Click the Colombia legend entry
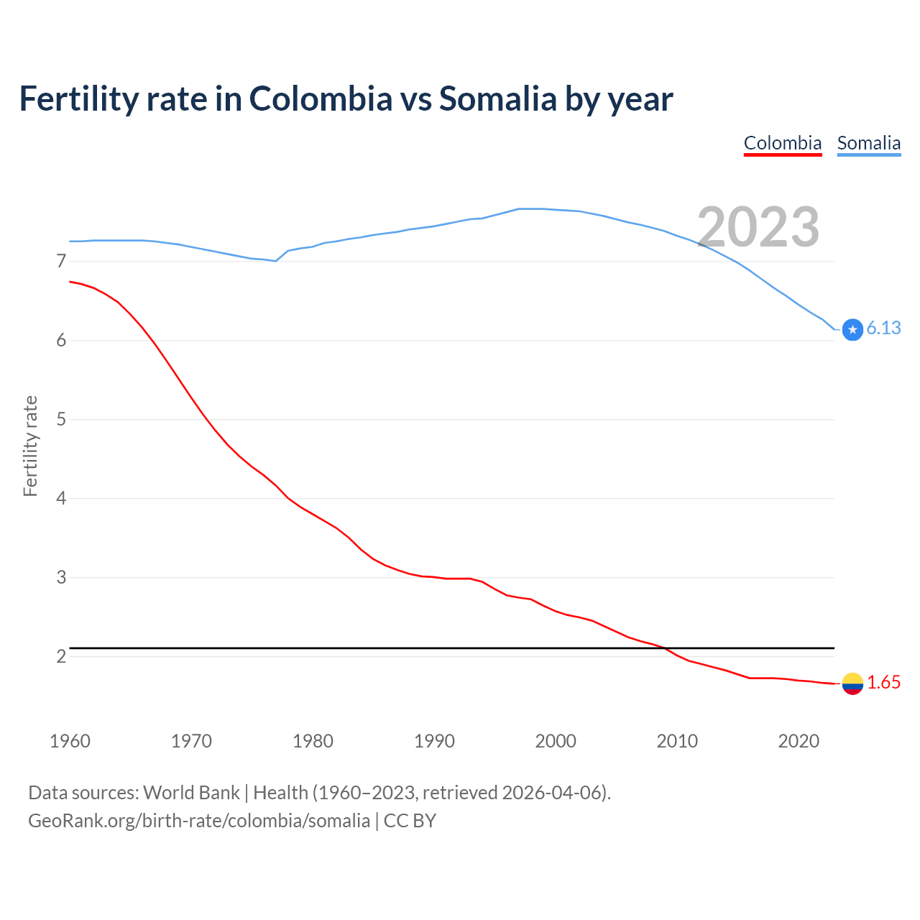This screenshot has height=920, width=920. [782, 143]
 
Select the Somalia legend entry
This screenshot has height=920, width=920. [868, 143]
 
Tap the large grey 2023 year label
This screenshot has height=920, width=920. [758, 227]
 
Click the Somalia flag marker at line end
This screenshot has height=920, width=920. [852, 329]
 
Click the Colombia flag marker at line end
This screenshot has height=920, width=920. [852, 684]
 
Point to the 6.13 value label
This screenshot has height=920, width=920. [883, 328]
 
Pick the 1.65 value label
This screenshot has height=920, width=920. [883, 683]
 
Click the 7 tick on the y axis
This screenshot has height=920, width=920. [61, 261]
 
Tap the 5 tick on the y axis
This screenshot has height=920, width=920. [61, 419]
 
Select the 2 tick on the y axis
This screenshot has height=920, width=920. [61, 656]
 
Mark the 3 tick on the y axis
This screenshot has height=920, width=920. [61, 577]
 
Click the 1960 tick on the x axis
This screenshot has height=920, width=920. [70, 741]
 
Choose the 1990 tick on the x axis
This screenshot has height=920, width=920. [434, 741]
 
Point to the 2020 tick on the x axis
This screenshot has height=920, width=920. [799, 741]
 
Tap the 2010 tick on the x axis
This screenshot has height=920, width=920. [677, 741]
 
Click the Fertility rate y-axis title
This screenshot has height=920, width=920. [30, 446]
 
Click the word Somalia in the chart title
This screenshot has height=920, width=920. [497, 98]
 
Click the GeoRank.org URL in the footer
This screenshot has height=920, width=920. [199, 821]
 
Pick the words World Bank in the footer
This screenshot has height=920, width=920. [191, 793]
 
